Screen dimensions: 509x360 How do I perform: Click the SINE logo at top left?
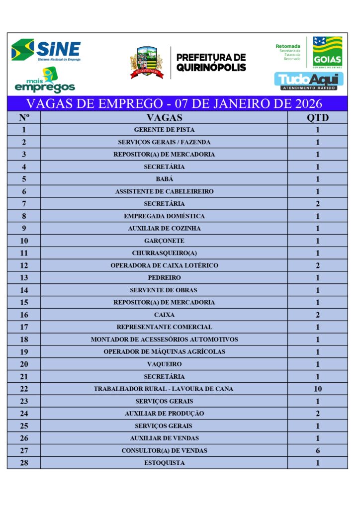tap(46, 50)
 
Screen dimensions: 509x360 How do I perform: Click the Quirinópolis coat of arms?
tap(147, 63)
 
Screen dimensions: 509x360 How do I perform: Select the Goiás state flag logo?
tap(327, 52)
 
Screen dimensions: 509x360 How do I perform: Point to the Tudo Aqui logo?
tap(309, 81)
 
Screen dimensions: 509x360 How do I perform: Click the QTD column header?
tap(317, 118)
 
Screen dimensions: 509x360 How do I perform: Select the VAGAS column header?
tap(164, 118)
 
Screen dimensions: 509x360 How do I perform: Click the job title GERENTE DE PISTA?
tap(164, 130)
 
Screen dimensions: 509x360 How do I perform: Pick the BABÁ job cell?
tap(164, 179)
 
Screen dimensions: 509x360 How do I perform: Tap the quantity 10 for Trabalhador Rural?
tap(317, 389)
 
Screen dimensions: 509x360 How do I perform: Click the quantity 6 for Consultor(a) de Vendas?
tap(317, 451)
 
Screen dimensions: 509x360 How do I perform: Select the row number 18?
tap(24, 339)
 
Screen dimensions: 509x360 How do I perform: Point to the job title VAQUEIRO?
tap(164, 364)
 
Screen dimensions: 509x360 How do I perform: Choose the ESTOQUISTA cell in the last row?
tap(164, 463)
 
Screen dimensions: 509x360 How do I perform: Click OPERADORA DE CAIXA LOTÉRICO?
tap(164, 266)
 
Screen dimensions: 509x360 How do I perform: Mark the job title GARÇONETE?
tap(164, 241)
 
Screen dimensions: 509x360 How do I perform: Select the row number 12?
tap(24, 266)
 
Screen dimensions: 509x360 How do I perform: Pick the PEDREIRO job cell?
tap(164, 278)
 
